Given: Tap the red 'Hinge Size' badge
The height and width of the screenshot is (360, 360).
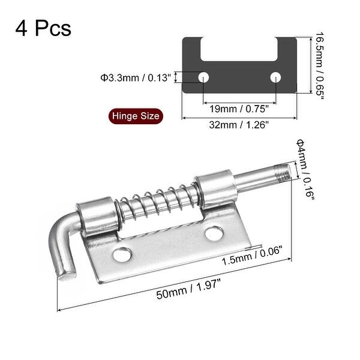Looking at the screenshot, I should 136,116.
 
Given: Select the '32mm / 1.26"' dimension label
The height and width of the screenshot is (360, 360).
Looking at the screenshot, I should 239,124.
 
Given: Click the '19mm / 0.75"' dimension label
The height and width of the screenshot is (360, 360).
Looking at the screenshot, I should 239,108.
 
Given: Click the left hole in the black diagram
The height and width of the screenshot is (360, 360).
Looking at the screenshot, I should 204,77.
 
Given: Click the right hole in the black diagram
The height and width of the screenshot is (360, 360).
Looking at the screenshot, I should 275,77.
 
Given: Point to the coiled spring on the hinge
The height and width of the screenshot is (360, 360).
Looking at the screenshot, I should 157,203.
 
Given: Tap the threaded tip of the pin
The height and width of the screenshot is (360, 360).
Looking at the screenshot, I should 283,173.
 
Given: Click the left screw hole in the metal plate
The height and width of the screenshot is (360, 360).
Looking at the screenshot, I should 122,255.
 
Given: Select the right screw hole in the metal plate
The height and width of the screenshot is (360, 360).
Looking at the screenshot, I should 214,233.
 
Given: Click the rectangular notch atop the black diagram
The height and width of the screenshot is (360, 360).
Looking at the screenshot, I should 239,49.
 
